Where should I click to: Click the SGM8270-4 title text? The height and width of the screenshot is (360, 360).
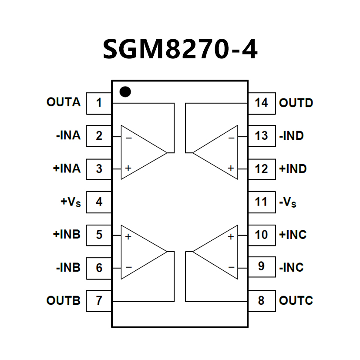pyautogui.click(x=180, y=49)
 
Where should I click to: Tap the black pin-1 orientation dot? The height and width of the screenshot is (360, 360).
pyautogui.click(x=125, y=91)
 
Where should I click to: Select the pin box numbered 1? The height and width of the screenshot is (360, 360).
pyautogui.click(x=99, y=103)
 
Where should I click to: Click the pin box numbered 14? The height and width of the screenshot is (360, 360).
pyautogui.click(x=261, y=103)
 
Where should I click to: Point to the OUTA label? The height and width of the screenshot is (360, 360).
pyautogui.click(x=64, y=103)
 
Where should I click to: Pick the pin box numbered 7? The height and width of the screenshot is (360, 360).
pyautogui.click(x=99, y=300)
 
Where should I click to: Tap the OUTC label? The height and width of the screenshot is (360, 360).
pyautogui.click(x=296, y=300)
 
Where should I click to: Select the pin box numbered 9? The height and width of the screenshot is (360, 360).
pyautogui.click(x=261, y=266)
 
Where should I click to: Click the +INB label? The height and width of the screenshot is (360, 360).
pyautogui.click(x=67, y=234)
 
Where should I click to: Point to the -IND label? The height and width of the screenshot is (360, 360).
pyautogui.click(x=291, y=136)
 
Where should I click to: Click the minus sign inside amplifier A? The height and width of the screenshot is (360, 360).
pyautogui.click(x=129, y=138)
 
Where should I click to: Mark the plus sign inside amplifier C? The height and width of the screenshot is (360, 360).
pyautogui.click(x=231, y=237)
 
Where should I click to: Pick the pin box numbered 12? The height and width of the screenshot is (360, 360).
pyautogui.click(x=261, y=169)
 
